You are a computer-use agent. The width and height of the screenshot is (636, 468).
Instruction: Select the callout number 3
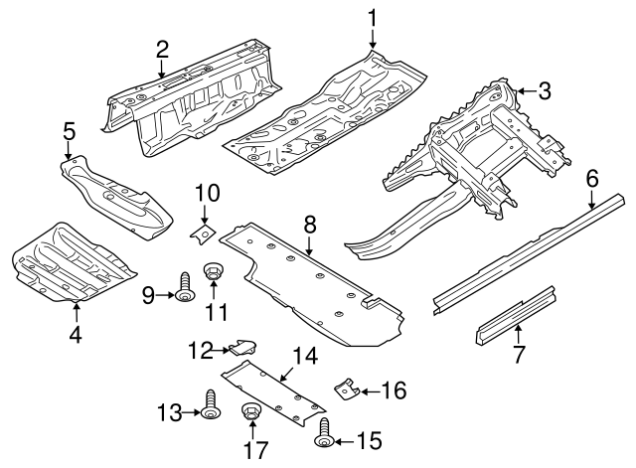click(544, 90)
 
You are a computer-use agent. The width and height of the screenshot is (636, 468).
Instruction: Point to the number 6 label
click(592, 179)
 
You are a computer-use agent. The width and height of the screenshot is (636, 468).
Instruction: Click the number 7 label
click(519, 354)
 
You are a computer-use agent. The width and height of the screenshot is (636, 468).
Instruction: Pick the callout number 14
click(305, 356)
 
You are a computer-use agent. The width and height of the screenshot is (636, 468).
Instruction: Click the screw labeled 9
click(184, 287)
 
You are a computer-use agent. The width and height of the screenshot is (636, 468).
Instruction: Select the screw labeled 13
click(210, 405)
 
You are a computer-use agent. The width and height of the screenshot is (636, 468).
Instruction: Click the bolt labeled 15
click(324, 433)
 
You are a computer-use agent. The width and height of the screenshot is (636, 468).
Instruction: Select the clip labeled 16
click(347, 389)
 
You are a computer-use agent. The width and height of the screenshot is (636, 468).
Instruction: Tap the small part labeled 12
click(243, 347)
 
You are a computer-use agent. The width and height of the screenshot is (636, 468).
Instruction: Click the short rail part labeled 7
click(516, 315)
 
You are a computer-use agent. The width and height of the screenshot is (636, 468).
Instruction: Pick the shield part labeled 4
click(74, 262)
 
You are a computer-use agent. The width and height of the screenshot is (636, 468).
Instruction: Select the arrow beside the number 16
click(371, 391)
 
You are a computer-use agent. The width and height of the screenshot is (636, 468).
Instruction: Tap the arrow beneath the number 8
click(309, 246)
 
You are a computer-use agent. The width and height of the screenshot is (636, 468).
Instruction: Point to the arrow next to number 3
click(526, 91)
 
